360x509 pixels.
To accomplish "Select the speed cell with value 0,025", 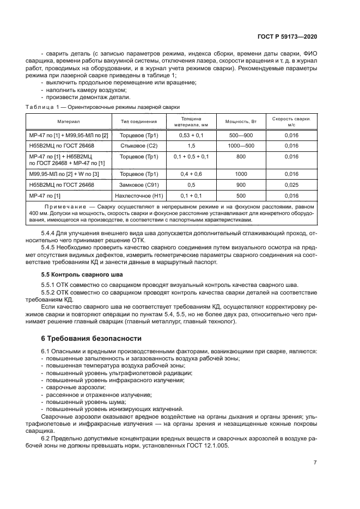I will click(291, 185).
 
